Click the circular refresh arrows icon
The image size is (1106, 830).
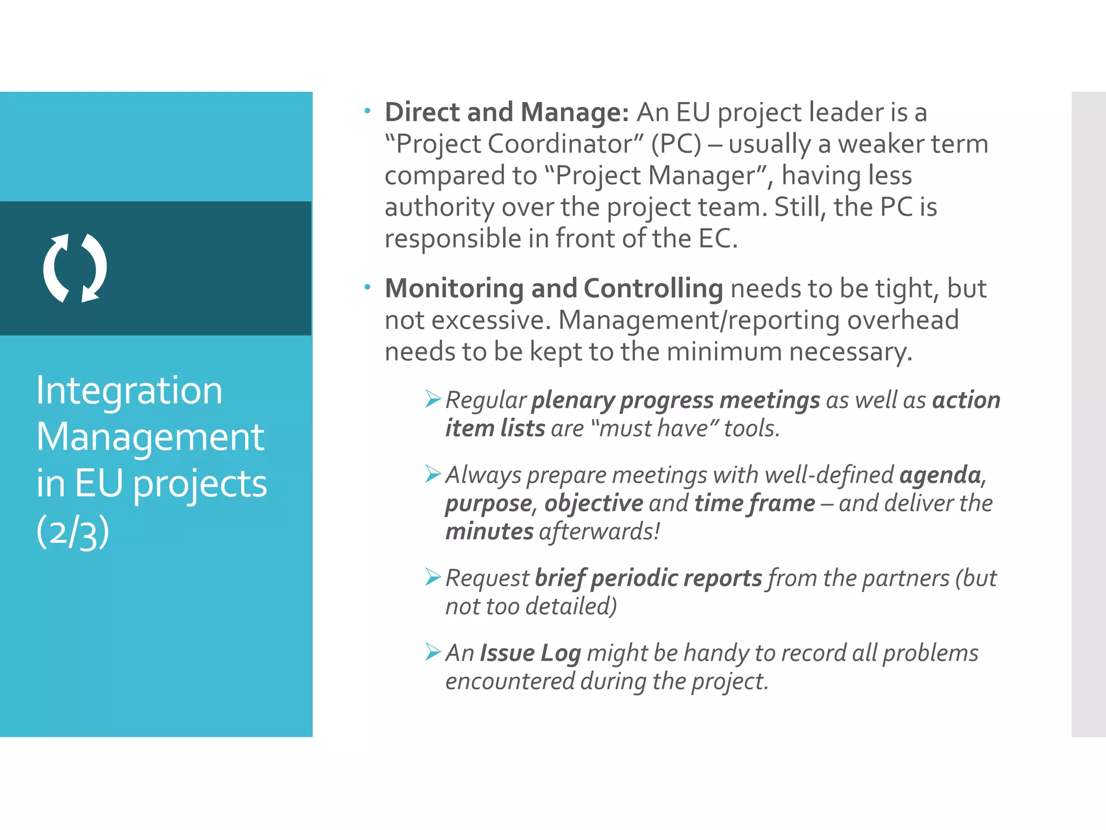click(75, 267)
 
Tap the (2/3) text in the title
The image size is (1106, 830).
click(73, 532)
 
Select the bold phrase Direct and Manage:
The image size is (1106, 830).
click(507, 112)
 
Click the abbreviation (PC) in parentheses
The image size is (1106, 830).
click(676, 144)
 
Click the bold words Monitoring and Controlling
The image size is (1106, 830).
click(554, 289)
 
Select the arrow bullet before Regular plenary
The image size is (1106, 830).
click(433, 399)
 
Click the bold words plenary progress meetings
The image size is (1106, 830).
click(676, 400)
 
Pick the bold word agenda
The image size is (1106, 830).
click(940, 475)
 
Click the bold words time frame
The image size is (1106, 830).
click(754, 503)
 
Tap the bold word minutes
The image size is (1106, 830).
click(489, 531)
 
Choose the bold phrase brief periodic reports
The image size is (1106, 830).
click(648, 578)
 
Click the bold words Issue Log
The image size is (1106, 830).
click(530, 653)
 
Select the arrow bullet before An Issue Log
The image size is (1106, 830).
click(433, 652)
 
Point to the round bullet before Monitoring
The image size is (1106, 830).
click(367, 287)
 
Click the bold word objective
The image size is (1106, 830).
click(594, 503)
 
